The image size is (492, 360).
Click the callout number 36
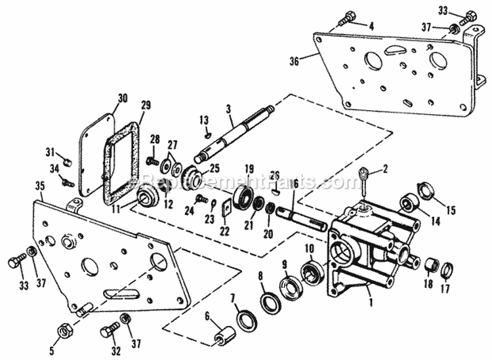pos(293,60)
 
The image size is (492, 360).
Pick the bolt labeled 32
pos(108,332)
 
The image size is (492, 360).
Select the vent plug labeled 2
pos(362,176)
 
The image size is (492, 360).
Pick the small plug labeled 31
pos(66,157)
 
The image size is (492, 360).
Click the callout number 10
pos(308,248)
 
